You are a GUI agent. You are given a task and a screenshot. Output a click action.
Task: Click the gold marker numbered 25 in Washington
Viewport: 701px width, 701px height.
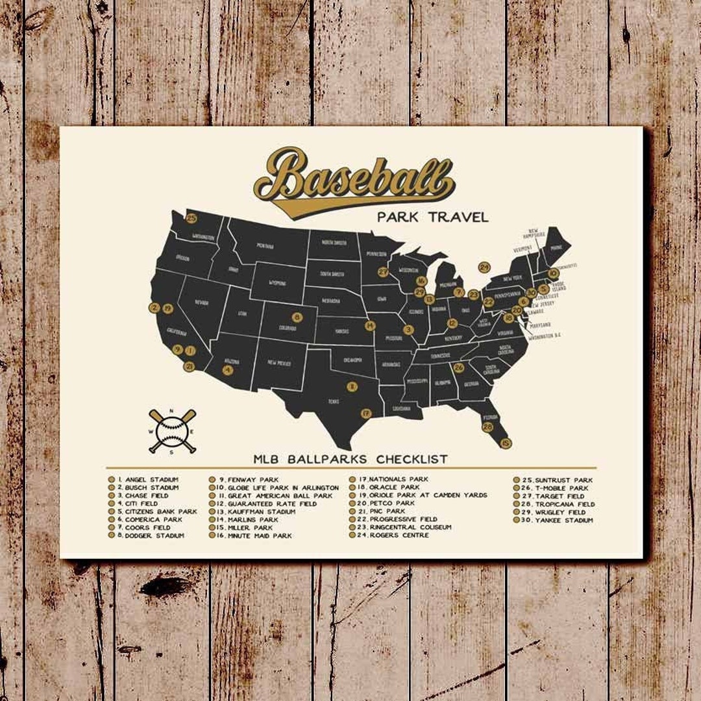click(x=191, y=219)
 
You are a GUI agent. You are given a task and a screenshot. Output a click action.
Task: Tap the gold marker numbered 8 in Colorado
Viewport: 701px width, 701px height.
click(x=297, y=317)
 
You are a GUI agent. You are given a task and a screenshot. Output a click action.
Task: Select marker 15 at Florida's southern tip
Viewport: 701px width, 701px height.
click(x=506, y=443)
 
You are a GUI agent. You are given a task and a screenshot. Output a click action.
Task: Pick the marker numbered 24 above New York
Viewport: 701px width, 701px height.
click(x=484, y=267)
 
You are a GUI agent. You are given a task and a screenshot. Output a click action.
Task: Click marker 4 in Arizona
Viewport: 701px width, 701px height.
click(x=227, y=370)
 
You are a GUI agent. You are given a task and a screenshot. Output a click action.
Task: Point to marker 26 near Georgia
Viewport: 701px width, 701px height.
click(x=458, y=368)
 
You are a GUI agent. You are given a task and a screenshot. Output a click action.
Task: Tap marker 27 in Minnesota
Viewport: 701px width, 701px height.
click(x=384, y=272)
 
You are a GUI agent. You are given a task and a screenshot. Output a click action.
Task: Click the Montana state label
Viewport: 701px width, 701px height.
click(x=264, y=246)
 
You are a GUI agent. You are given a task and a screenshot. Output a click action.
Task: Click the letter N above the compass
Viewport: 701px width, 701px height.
click(x=172, y=411)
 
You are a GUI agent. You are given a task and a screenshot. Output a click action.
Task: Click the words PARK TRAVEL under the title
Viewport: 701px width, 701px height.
click(x=432, y=217)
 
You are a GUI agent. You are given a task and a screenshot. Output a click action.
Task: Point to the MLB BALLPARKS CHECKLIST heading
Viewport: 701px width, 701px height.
click(x=350, y=459)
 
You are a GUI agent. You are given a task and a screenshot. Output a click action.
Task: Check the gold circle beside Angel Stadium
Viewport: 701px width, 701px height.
click(x=111, y=480)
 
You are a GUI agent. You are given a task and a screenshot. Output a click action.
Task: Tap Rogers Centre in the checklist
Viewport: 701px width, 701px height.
click(x=399, y=535)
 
